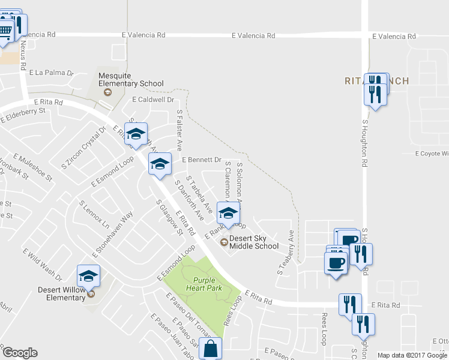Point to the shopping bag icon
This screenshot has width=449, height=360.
[x=211, y=349]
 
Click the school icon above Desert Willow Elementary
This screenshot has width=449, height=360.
[x=89, y=276]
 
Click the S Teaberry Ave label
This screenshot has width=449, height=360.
[x=286, y=253]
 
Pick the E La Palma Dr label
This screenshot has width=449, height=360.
[x=51, y=73]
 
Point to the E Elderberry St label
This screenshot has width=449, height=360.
[x=23, y=115]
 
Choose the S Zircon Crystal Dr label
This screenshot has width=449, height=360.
[x=84, y=146]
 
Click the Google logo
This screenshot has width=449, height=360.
[x=20, y=353]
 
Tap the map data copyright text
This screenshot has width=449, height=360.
[x=412, y=355]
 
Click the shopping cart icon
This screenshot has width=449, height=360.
[x=5, y=30]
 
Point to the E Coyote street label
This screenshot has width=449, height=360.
[x=432, y=154]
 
